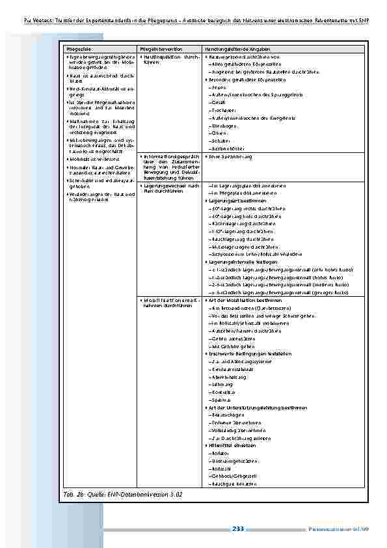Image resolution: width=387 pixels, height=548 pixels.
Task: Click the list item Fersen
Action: [x=219, y=87]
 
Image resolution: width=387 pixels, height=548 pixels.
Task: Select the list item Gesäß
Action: [x=218, y=103]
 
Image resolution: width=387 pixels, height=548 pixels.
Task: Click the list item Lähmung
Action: [x=220, y=384]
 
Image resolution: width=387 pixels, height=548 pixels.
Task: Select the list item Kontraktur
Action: [x=222, y=392]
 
